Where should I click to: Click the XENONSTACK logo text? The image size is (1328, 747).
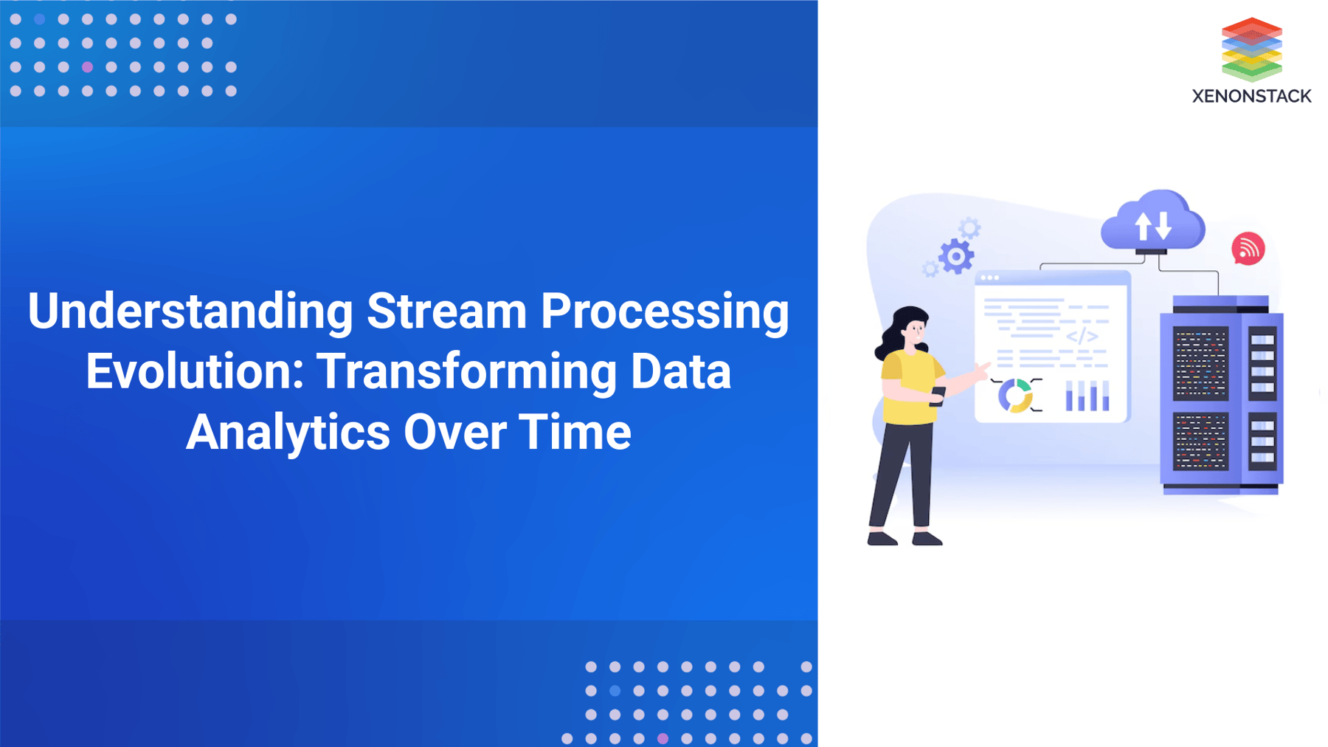(x=1251, y=96)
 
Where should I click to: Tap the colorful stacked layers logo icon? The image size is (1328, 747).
(x=1251, y=49)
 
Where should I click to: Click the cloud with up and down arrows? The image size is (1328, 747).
(x=1152, y=222)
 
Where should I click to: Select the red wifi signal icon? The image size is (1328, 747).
(x=1248, y=249)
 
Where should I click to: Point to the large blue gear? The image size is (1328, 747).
(x=957, y=257)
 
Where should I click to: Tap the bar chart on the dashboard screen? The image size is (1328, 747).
(x=1087, y=396)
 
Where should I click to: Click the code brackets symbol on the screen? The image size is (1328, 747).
(x=1082, y=336)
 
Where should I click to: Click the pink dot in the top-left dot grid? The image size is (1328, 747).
(x=87, y=67)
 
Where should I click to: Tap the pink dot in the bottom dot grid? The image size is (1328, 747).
(x=663, y=738)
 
